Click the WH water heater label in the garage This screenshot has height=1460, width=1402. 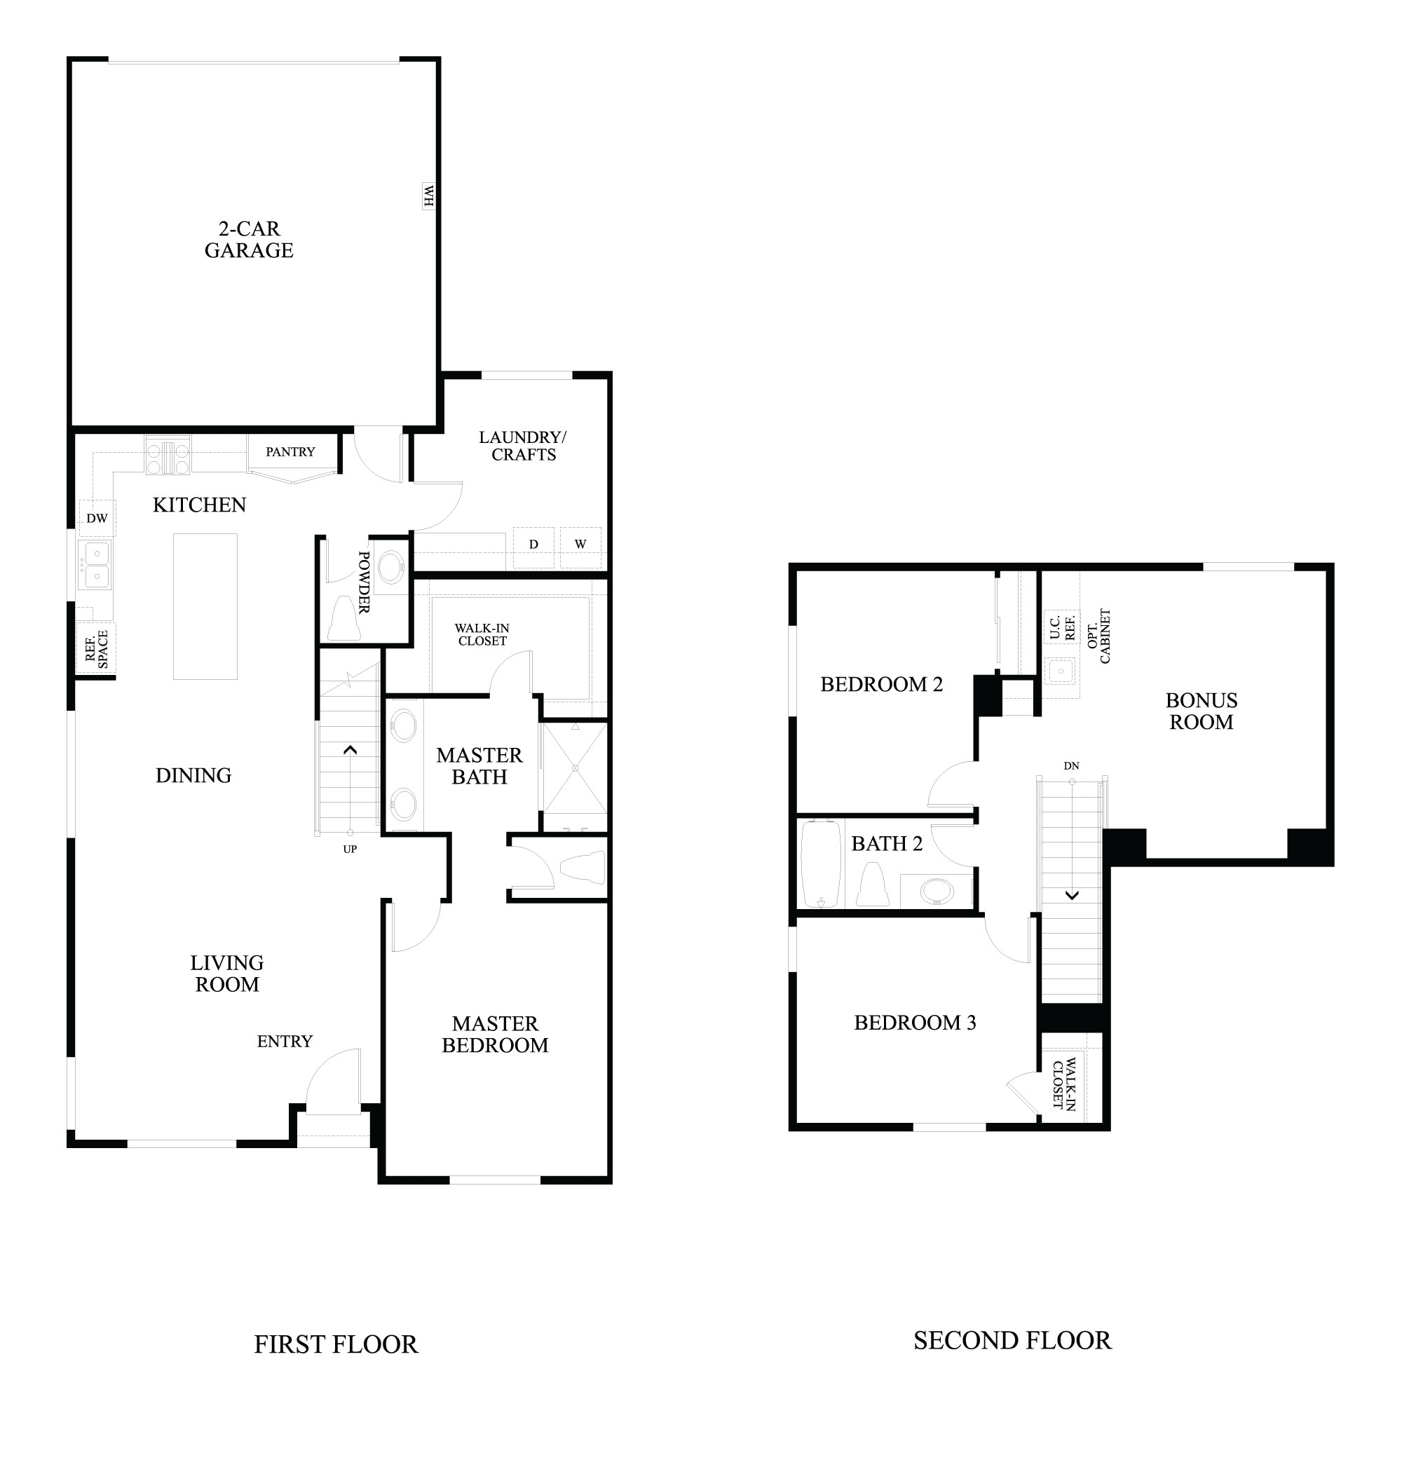(x=428, y=197)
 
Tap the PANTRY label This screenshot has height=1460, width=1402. (x=290, y=451)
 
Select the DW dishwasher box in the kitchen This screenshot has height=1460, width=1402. (x=97, y=518)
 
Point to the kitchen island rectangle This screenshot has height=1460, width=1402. (x=205, y=606)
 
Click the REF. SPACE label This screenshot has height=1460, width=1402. (x=97, y=650)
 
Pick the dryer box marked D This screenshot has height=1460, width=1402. (x=533, y=547)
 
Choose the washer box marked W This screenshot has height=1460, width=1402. (x=580, y=547)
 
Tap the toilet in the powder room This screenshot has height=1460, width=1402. (x=344, y=618)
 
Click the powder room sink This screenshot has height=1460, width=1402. (x=391, y=568)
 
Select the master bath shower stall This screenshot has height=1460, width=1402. (x=574, y=777)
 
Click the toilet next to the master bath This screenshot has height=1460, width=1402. (x=583, y=868)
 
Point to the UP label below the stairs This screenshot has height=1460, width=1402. (x=350, y=850)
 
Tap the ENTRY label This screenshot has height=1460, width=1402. (x=285, y=1042)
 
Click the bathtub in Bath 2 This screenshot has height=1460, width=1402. (x=820, y=864)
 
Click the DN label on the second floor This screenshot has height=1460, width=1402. (x=1071, y=766)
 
